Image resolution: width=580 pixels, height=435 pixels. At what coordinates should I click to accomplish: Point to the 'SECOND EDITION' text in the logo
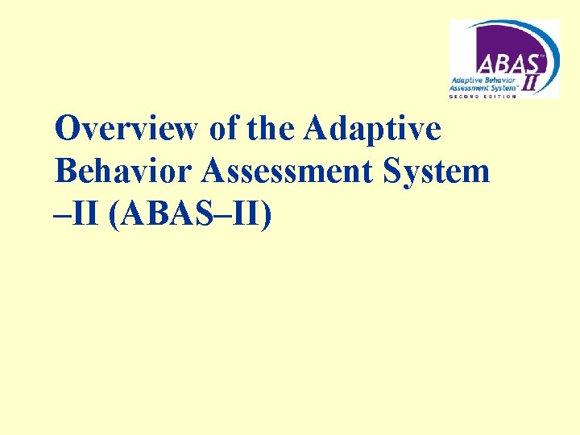coord(483,96)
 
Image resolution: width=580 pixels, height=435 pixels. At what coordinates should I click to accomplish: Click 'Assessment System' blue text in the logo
coord(485,89)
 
